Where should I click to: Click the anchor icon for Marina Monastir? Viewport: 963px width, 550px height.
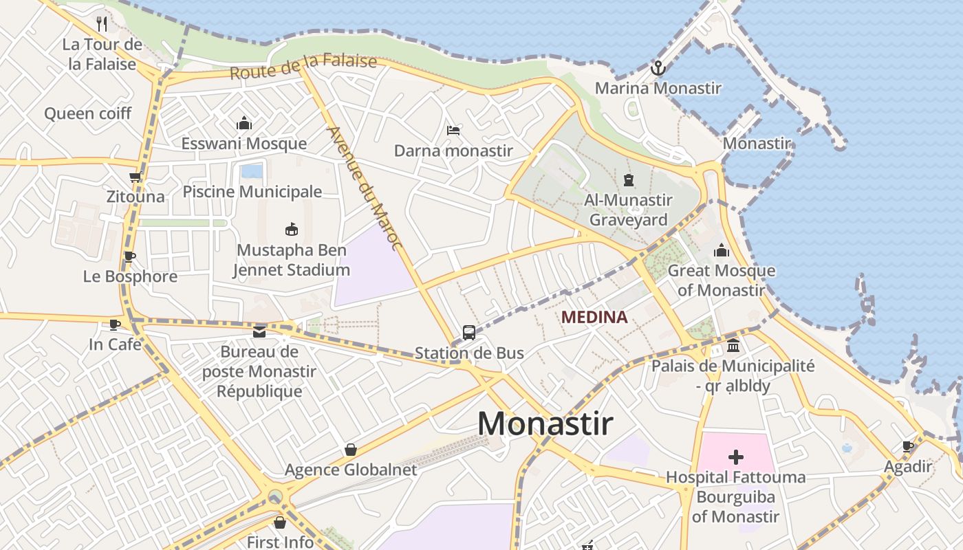[x=658, y=68]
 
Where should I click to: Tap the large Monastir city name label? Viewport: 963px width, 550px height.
[x=545, y=423]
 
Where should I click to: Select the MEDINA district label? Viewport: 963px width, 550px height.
[x=594, y=317]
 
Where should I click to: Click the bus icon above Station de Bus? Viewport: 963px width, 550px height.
[x=469, y=333]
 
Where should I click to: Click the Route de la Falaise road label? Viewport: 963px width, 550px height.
[x=303, y=67]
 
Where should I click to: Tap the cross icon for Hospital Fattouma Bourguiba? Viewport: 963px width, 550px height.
[x=735, y=456]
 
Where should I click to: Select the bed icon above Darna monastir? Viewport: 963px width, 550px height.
[x=453, y=130]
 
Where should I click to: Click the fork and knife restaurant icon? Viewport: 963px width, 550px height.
[x=102, y=24]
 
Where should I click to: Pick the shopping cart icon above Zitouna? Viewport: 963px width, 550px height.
[x=136, y=177]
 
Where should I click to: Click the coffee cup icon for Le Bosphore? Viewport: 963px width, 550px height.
[x=129, y=256]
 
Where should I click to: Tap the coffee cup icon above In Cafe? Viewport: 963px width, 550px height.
[x=115, y=324]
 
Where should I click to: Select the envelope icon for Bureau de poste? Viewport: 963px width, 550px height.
[x=259, y=332]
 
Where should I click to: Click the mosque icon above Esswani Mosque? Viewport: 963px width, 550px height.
[x=244, y=123]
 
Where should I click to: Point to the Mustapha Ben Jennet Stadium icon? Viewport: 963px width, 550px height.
[x=292, y=229]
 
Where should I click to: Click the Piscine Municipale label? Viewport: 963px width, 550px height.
[x=252, y=192]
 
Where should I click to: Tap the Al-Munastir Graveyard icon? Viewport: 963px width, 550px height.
[x=627, y=180]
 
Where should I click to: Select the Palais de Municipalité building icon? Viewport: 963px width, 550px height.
[x=733, y=345]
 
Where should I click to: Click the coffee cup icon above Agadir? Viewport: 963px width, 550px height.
[x=908, y=446]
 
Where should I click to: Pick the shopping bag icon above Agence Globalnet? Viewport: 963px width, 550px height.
[x=351, y=450]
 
